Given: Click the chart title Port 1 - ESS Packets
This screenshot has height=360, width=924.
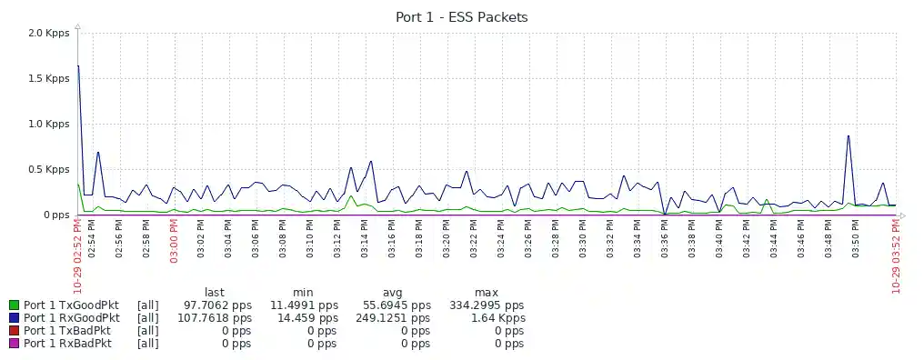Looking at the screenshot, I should (461, 17).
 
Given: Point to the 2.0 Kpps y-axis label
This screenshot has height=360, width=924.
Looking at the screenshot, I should (48, 34).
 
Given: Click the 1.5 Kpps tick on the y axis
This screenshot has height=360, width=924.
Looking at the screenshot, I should (48, 79).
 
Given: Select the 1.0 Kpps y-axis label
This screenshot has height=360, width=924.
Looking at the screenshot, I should (48, 125).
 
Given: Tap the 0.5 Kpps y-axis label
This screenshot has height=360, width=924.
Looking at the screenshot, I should (48, 170).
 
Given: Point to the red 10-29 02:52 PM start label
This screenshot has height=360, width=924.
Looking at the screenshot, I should (78, 258).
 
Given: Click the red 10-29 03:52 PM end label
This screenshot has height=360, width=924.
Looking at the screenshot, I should (897, 258).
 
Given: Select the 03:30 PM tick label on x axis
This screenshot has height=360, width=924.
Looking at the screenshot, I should (583, 244).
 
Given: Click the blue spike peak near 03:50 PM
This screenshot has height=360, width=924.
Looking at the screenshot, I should (849, 136).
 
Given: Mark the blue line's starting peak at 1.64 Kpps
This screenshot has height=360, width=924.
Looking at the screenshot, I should (78, 66).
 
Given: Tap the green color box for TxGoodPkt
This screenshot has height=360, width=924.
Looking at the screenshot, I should (14, 305).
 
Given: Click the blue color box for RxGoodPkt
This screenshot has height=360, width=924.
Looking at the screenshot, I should (14, 318).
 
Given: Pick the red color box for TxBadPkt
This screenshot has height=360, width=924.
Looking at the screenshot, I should (14, 331).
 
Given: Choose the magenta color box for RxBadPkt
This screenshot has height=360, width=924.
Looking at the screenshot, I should (14, 344).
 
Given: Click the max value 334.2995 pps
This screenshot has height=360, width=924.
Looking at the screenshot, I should (487, 305).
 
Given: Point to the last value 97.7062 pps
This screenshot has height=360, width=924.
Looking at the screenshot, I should (217, 305).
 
